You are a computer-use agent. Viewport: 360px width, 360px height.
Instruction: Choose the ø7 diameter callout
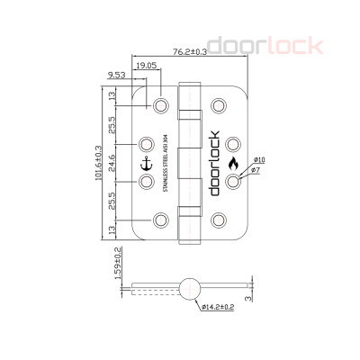[255, 170]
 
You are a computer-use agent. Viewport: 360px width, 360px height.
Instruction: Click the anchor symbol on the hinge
[148, 163]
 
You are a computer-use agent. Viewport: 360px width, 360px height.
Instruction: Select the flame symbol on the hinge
[233, 163]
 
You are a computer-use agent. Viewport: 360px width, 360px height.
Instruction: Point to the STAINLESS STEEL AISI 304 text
[166, 163]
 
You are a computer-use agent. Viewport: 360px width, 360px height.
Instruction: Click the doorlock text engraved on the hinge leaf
[214, 163]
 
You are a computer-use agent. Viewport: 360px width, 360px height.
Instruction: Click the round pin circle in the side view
[189, 288]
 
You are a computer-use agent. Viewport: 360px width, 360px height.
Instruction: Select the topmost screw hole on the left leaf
[161, 105]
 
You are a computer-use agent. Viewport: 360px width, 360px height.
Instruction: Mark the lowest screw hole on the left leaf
[161, 219]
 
